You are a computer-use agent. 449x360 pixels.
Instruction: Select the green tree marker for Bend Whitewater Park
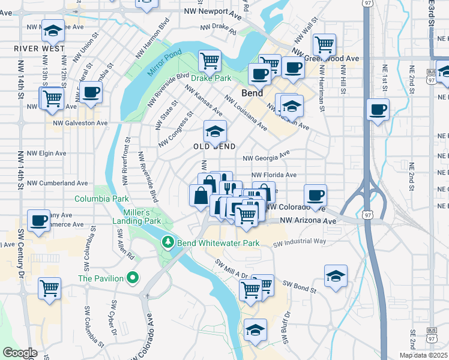(168, 242)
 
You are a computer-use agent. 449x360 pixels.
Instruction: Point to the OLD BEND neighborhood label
(214, 146)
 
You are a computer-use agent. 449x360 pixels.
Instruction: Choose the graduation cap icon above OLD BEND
(215, 131)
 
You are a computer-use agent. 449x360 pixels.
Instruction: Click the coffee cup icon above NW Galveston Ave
(91, 92)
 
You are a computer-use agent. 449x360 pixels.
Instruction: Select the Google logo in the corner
(20, 353)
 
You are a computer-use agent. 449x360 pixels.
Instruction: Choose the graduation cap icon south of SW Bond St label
(256, 330)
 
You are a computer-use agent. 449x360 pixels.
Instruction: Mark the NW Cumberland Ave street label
(58, 183)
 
